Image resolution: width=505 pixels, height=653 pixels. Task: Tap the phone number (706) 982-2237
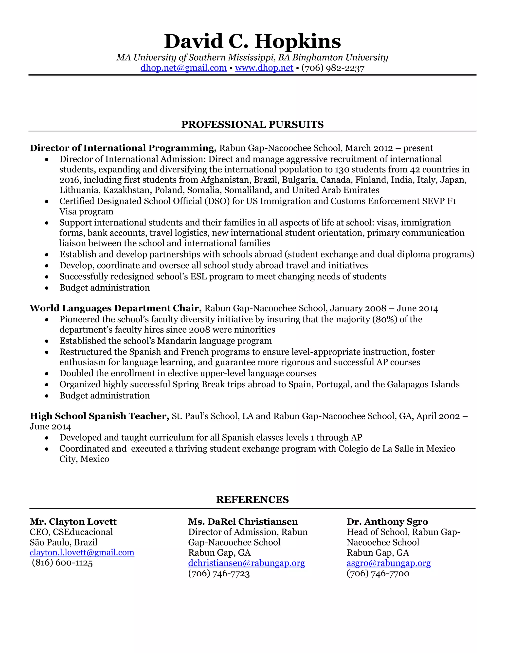pyautogui.click(x=333, y=68)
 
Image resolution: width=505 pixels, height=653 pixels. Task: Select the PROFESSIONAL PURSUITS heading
pyautogui.click(x=252, y=124)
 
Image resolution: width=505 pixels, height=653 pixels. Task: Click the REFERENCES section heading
pyautogui.click(x=252, y=500)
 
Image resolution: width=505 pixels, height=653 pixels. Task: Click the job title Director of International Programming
pyautogui.click(x=123, y=148)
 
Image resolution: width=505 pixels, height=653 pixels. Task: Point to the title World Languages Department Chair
pyautogui.click(x=115, y=308)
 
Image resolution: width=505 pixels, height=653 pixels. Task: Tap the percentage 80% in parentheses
pyautogui.click(x=385, y=319)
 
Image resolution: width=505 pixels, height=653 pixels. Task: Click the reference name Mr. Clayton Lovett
pyautogui.click(x=73, y=522)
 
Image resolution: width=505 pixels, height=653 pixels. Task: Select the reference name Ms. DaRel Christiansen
pyautogui.click(x=243, y=522)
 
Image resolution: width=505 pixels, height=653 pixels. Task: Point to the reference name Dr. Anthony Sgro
pyautogui.click(x=387, y=522)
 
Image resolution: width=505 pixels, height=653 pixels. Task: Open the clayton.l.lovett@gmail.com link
pyautogui.click(x=82, y=552)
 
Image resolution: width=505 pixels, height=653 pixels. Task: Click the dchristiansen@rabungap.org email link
pyautogui.click(x=246, y=563)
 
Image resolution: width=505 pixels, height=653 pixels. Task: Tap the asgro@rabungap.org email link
pyautogui.click(x=388, y=563)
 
